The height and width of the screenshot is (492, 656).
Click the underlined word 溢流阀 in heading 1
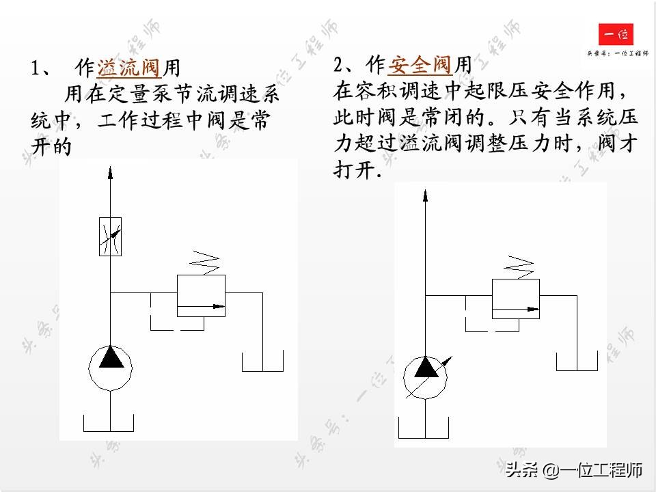(x=129, y=68)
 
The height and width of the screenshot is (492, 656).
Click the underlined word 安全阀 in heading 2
(x=420, y=65)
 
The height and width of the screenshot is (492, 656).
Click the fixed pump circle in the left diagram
(x=110, y=366)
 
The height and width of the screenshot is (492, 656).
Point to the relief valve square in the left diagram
(x=202, y=295)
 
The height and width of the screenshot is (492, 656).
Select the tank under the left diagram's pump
(x=110, y=423)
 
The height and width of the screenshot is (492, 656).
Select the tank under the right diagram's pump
(x=424, y=428)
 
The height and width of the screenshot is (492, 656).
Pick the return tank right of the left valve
(x=263, y=361)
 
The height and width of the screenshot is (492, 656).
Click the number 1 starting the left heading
(x=36, y=68)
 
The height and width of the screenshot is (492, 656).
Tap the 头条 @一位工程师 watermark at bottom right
(x=574, y=470)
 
